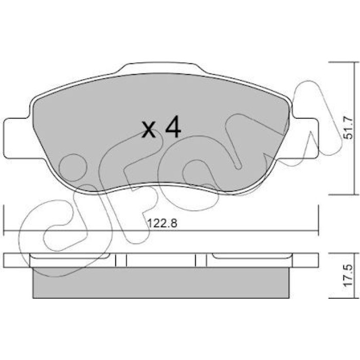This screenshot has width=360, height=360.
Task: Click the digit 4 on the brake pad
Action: [x=173, y=127]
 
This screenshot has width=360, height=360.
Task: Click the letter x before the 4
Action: [x=149, y=130]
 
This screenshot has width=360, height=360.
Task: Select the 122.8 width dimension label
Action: [x=163, y=223]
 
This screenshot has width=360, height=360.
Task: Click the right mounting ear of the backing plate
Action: [x=304, y=138]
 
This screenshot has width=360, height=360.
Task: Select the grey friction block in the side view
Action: [x=161, y=283]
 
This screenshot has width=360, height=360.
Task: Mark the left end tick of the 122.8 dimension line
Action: [x=4, y=221]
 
